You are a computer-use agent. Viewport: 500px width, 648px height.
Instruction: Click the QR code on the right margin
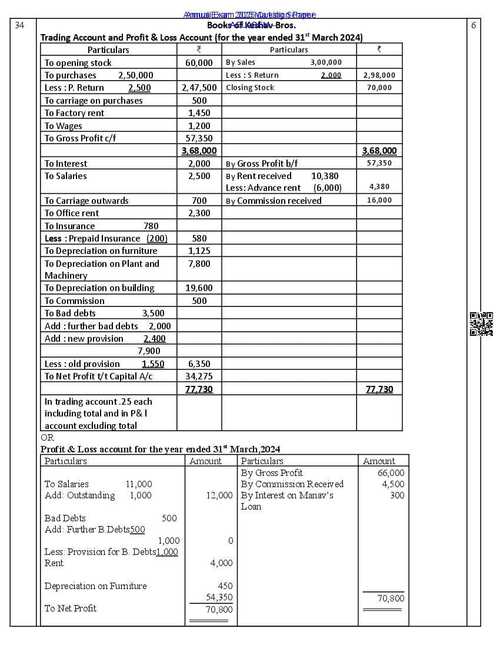481,324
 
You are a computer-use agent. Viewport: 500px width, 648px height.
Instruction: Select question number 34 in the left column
19,25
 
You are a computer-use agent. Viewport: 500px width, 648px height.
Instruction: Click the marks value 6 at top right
474,25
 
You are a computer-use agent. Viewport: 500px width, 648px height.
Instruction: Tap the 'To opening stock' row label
78,63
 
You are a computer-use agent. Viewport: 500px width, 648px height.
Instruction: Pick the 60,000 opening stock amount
199,63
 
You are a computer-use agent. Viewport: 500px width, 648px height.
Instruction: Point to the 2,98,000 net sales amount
379,75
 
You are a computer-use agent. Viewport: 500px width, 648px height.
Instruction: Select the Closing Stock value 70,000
379,88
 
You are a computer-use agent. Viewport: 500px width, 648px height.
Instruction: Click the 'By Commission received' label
274,201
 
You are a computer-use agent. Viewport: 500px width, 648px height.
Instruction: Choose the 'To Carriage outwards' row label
86,201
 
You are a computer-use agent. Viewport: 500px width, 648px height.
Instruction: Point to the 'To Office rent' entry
72,213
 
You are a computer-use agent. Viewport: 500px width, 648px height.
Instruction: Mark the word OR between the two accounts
47,438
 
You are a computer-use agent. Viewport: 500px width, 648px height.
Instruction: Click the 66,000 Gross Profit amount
391,473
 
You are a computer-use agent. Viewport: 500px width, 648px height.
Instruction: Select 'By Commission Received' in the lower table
292,484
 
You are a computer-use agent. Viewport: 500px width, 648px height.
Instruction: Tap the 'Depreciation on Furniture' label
95,586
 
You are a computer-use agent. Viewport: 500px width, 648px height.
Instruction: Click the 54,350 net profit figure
219,597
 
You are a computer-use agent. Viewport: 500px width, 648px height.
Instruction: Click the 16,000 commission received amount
379,201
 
